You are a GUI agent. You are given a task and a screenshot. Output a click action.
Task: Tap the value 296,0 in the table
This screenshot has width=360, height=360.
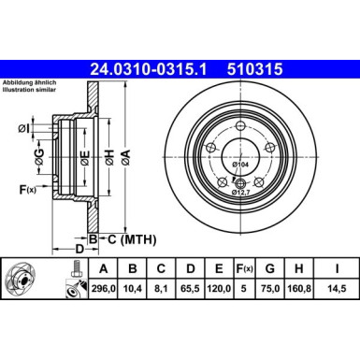pos(101,288)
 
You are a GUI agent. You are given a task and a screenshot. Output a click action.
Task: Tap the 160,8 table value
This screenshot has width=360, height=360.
pos(300,288)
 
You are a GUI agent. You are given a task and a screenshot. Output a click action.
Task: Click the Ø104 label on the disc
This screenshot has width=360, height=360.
pos(239,165)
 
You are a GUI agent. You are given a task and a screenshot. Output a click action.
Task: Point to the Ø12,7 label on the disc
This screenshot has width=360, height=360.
pos(241,193)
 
